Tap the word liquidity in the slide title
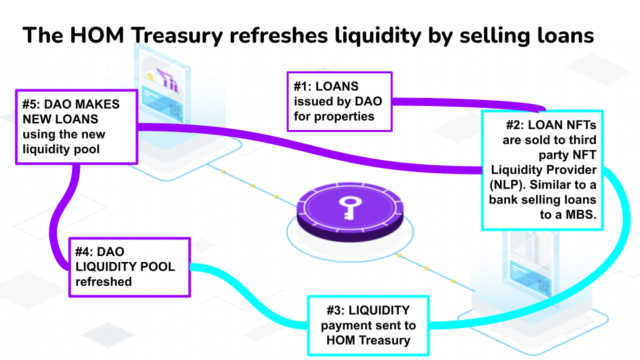[361, 35]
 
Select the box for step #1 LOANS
[339, 101]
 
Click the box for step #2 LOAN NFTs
[542, 170]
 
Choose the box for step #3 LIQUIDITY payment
[368, 325]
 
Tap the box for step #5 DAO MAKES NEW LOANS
[77, 127]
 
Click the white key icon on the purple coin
[349, 204]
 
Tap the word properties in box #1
[344, 116]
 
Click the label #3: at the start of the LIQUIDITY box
[335, 310]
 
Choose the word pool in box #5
[87, 149]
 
